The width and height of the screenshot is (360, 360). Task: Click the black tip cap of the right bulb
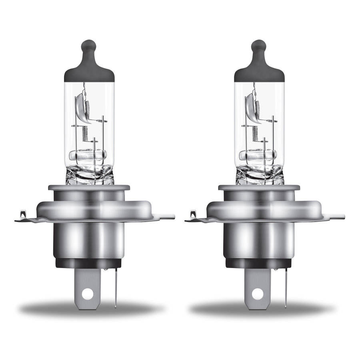[x=259, y=64]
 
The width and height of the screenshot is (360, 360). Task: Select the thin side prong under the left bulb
[x=115, y=286]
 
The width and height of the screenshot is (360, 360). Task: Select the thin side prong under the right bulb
[x=285, y=286]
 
